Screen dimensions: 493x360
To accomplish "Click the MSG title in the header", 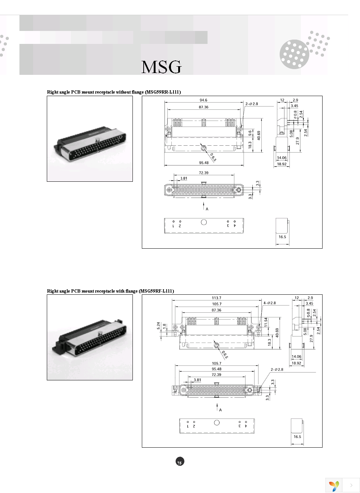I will (x=161, y=67).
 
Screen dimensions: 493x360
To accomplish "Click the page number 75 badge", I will (x=180, y=462).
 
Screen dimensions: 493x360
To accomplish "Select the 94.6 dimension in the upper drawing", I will (x=203, y=100).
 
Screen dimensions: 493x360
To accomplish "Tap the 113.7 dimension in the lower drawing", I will (x=216, y=298).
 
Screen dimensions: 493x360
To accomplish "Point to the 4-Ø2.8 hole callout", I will (x=270, y=303).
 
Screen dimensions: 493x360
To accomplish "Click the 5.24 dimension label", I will (x=158, y=326).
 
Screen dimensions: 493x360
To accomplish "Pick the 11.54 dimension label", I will (x=266, y=322).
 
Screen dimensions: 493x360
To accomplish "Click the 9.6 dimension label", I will (x=250, y=132).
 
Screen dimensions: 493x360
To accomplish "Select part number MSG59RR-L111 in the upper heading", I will (x=163, y=92).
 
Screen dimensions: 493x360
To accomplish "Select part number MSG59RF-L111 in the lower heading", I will (x=156, y=291).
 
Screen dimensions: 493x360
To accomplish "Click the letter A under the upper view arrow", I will (x=207, y=209).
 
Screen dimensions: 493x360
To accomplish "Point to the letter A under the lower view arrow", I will (x=220, y=410).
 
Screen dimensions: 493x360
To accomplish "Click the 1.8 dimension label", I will (x=165, y=326).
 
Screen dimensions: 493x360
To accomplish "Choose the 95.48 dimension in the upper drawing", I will (x=204, y=163).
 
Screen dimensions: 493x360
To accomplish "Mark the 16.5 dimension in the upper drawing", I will (x=282, y=237).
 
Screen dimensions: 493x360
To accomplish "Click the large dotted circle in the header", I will (x=294, y=54).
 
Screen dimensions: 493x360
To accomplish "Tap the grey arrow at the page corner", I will (x=351, y=485).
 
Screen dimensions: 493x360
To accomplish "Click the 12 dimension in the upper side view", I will (x=282, y=100).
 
